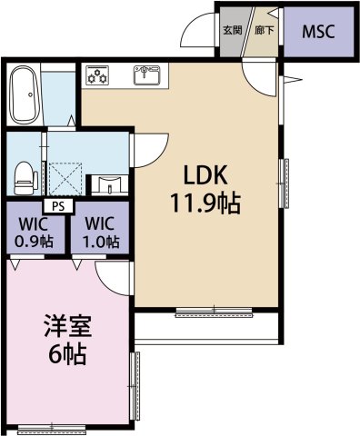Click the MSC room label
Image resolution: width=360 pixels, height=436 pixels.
[317, 32]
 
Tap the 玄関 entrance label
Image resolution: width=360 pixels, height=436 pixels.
[232, 30]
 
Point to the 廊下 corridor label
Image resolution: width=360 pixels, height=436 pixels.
[265, 30]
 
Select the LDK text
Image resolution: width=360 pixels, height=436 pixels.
[205, 175]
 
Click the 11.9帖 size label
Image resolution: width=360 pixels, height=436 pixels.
[205, 203]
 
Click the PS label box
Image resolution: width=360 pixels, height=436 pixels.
[58, 205]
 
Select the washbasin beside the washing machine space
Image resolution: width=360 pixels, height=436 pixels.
[110, 182]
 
